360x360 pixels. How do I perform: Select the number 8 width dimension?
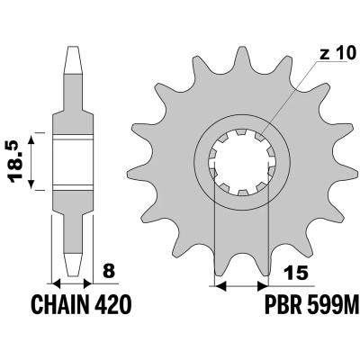(109, 268)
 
